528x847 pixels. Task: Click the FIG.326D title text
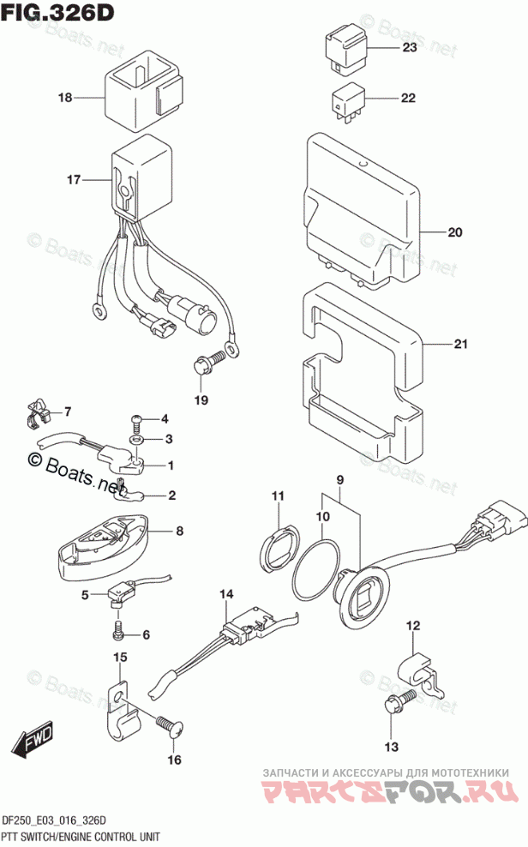(x=58, y=15)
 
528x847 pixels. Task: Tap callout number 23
(x=409, y=48)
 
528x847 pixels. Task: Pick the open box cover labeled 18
(x=141, y=87)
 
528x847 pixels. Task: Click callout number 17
(x=73, y=180)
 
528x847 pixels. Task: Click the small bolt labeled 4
(x=136, y=420)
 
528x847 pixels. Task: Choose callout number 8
(x=179, y=531)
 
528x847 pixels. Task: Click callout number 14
(x=226, y=593)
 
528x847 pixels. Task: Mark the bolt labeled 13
(x=395, y=705)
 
